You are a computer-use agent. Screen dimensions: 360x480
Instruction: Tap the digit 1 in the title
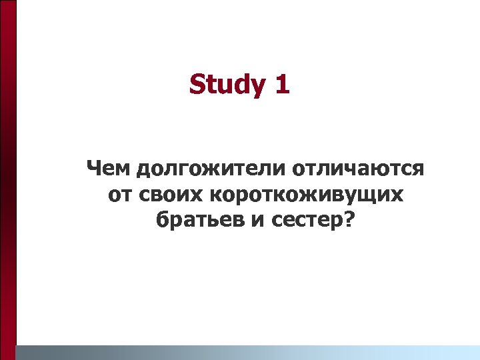point(281,85)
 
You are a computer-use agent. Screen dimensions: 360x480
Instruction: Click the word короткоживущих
point(307,196)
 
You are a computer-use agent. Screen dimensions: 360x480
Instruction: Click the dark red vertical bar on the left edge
point(7,180)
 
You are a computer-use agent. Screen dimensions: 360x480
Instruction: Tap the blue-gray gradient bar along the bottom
point(247,352)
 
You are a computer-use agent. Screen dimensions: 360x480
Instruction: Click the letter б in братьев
point(162,220)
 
